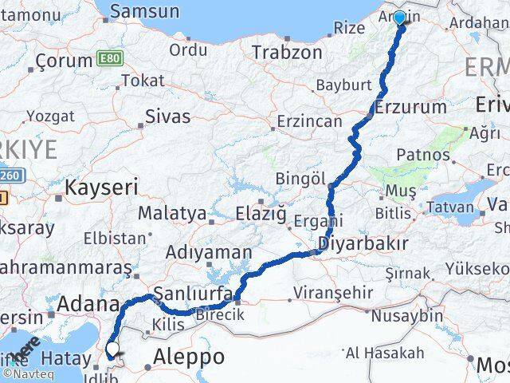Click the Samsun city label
point(144,11)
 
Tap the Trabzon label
point(287,53)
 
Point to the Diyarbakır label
point(363,243)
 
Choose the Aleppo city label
point(190,356)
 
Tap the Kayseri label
point(101,188)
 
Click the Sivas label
point(167,116)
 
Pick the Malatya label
point(172,214)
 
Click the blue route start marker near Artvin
point(399,17)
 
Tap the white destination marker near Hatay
point(112,349)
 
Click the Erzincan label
point(308,122)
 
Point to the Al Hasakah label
point(385,353)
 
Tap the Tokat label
point(143,81)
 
